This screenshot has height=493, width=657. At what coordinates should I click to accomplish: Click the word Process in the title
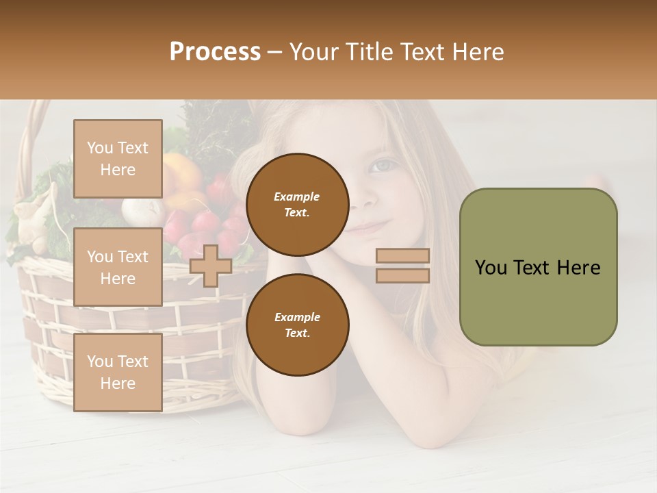(x=215, y=52)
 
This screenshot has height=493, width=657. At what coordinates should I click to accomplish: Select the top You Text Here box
(x=118, y=159)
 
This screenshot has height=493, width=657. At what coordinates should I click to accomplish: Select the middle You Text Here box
(x=118, y=267)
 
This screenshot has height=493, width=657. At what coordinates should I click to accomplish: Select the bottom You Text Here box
(x=118, y=372)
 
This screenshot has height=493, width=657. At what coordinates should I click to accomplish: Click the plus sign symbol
(x=211, y=266)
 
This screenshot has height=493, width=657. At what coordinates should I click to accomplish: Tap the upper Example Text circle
(x=297, y=204)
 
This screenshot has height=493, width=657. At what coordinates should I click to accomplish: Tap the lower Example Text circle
(x=297, y=325)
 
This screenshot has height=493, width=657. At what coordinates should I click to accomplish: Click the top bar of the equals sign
(x=403, y=256)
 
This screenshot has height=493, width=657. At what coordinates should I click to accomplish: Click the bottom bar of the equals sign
(x=403, y=275)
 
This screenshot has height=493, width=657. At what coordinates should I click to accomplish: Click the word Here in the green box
(x=580, y=268)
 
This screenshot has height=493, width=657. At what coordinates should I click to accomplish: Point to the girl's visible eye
(x=383, y=165)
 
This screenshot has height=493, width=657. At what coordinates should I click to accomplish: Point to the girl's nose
(x=367, y=199)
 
